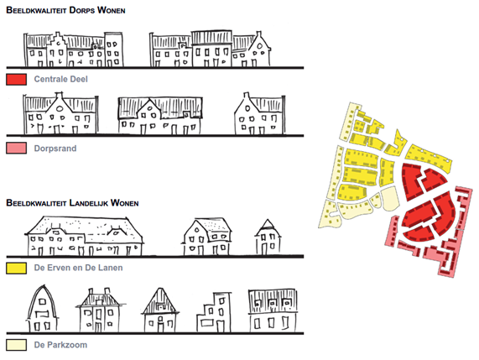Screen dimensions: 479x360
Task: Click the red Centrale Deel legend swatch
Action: (x=16, y=79)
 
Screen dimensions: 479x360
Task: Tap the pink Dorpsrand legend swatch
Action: (x=16, y=148)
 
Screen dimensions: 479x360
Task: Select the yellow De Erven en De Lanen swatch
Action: (x=16, y=268)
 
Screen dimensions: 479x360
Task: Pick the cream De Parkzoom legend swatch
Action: (x=16, y=345)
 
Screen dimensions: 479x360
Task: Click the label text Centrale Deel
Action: (x=60, y=79)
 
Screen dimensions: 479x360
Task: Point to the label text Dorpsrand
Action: (x=55, y=149)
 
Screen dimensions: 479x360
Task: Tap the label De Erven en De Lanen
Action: (x=79, y=268)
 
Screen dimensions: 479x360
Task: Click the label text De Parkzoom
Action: (x=60, y=345)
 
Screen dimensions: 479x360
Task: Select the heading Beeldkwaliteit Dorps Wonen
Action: (x=65, y=10)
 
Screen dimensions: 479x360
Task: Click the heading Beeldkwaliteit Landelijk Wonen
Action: (x=72, y=202)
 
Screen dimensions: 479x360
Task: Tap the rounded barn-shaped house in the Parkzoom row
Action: (x=43, y=310)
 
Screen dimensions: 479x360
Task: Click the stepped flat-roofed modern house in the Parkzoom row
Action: (x=214, y=312)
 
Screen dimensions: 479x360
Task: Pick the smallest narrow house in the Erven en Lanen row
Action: (x=268, y=237)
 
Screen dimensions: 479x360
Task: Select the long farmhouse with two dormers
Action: (x=85, y=236)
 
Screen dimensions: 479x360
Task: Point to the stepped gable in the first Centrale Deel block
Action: (x=57, y=49)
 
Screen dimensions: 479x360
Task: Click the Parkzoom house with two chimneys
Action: (x=100, y=310)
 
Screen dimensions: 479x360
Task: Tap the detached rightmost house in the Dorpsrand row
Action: (x=260, y=113)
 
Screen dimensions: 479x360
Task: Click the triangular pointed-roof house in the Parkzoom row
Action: (x=160, y=310)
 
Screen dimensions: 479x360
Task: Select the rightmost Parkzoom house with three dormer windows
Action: (x=273, y=310)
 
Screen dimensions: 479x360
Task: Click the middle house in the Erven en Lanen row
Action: (x=206, y=237)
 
